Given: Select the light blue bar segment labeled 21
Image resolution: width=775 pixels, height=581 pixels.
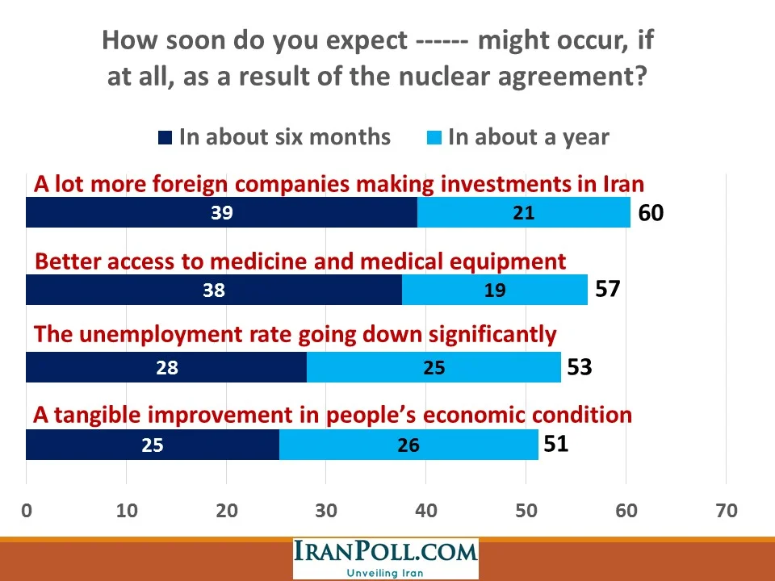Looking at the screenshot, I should click(x=523, y=213).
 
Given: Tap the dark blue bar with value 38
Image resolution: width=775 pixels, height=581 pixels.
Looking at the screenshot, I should click(x=214, y=290).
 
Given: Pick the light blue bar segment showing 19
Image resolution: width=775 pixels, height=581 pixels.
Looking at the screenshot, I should click(x=494, y=290).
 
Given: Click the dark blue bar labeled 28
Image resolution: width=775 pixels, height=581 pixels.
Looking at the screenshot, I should click(x=166, y=368).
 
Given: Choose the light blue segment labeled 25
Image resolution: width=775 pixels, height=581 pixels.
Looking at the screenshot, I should click(x=434, y=368).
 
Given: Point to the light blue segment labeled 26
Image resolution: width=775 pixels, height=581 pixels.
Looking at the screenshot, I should click(x=408, y=445).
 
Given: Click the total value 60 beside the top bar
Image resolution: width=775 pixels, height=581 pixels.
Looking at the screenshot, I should click(x=650, y=214).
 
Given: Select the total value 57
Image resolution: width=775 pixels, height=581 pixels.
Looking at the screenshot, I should click(x=607, y=290).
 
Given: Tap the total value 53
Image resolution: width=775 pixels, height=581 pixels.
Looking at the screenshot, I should click(x=579, y=367).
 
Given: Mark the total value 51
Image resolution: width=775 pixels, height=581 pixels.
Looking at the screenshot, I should click(x=555, y=443).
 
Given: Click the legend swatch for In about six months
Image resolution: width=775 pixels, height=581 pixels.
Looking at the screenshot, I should click(x=165, y=138).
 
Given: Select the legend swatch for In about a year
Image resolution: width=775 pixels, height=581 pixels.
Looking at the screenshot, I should click(x=434, y=138).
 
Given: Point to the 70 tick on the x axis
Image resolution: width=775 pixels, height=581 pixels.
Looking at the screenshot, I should click(x=726, y=511).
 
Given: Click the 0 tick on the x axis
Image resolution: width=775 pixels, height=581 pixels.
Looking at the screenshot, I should click(x=27, y=511).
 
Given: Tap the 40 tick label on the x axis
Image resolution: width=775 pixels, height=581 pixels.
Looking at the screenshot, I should click(x=425, y=511).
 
